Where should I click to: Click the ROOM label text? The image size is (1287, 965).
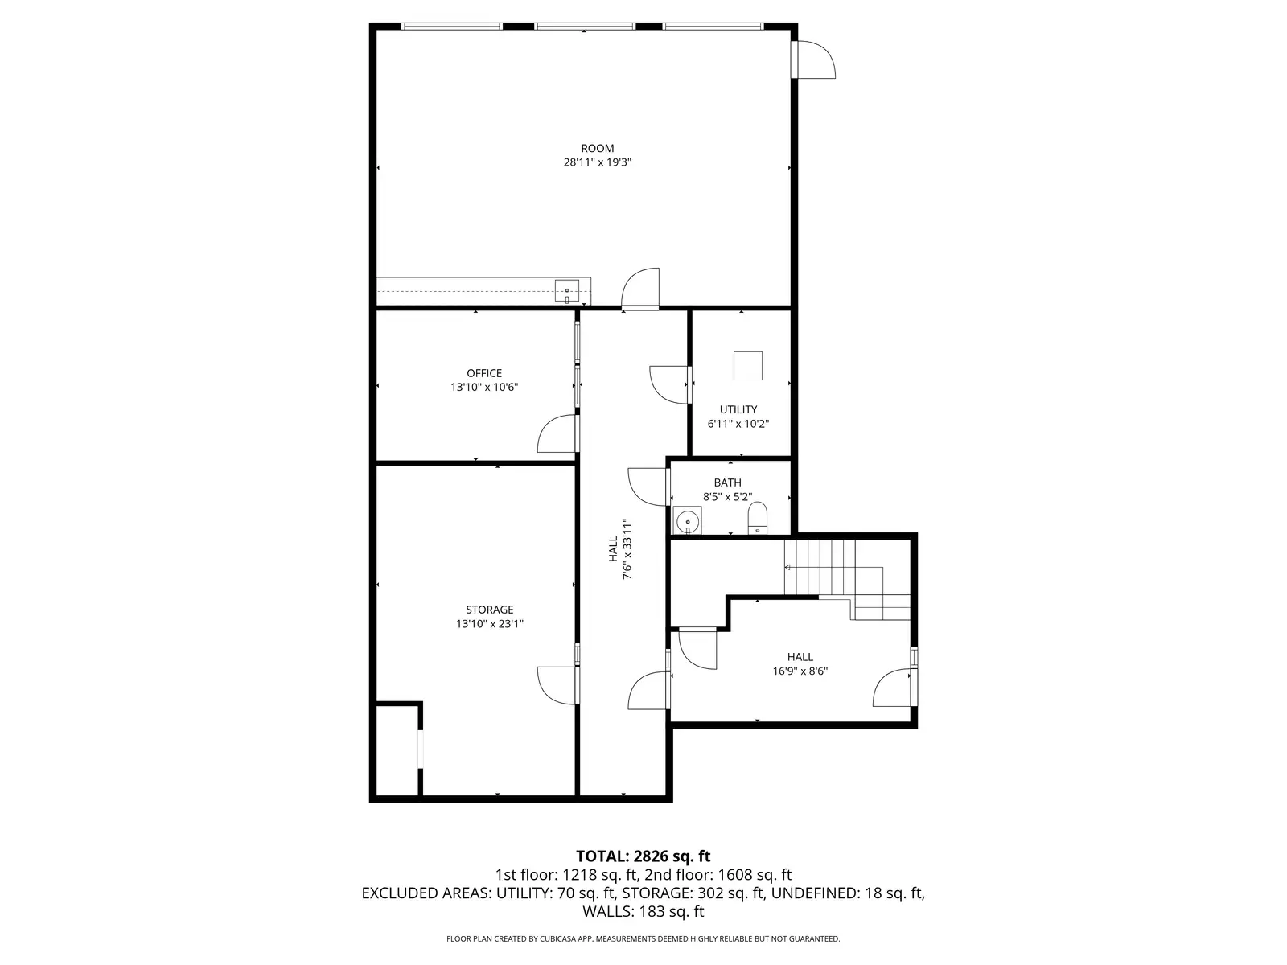tap(597, 149)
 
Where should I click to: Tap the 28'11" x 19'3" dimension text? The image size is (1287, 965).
tap(597, 162)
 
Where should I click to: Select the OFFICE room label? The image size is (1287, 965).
tap(483, 373)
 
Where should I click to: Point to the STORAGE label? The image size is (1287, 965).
tap(490, 610)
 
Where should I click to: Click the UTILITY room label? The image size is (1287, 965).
tap(738, 409)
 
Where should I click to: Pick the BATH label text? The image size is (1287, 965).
tap(727, 482)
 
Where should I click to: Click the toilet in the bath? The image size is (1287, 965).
tap(757, 518)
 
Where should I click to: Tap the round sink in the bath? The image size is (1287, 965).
tap(687, 521)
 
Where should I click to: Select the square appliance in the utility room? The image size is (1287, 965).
tap(747, 366)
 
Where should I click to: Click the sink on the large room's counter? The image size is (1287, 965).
tap(567, 291)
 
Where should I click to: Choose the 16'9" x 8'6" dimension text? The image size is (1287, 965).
tap(800, 671)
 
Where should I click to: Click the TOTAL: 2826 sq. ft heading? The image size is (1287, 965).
tap(643, 856)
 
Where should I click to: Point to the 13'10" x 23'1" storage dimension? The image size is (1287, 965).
tap(490, 624)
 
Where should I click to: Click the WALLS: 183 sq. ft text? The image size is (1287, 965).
tap(643, 912)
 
